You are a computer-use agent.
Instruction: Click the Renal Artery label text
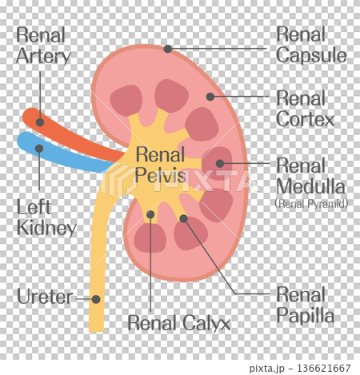tap(43, 46)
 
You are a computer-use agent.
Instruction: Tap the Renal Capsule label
tap(311, 45)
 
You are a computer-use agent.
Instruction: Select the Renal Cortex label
tap(305, 109)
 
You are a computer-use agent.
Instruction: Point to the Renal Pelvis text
tap(160, 165)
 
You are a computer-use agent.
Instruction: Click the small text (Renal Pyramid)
tap(311, 204)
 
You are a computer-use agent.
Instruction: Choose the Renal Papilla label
tap(305, 305)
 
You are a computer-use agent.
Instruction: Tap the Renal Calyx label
tap(179, 323)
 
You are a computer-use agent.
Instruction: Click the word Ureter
tap(45, 297)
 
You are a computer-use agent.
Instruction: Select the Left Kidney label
tap(46, 218)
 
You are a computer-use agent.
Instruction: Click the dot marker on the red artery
tap(40, 122)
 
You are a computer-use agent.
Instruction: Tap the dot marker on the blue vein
tap(39, 149)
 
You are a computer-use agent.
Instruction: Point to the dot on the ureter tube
tap(96, 299)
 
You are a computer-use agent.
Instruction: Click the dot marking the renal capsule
tap(168, 49)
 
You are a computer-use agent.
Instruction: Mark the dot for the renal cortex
tap(210, 97)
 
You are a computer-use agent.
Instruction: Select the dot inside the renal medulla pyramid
tap(220, 163)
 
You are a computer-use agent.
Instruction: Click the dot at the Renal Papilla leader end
tap(183, 218)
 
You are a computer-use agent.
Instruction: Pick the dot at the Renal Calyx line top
tap(150, 214)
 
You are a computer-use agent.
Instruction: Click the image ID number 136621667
tap(324, 369)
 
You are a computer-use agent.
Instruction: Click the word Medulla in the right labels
tap(310, 186)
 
